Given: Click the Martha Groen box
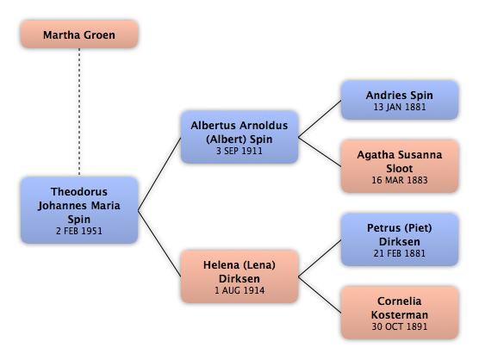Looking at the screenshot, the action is click(79, 34).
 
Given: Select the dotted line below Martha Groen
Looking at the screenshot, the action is click(79, 112).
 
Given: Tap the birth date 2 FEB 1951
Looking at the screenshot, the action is click(79, 231).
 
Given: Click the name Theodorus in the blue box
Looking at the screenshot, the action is click(79, 192).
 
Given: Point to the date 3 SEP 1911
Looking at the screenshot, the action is click(239, 151).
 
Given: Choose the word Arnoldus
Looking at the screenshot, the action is click(264, 126).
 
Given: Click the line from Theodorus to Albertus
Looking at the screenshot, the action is click(159, 174).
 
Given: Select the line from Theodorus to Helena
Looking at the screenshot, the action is click(159, 244).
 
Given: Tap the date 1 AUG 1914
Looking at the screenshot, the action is click(239, 290).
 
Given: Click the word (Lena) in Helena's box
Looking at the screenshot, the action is click(259, 265).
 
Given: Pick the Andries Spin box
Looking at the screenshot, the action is click(400, 100).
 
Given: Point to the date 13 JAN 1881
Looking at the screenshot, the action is click(400, 107).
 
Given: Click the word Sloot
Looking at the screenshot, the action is click(400, 169).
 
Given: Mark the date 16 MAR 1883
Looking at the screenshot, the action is click(400, 180).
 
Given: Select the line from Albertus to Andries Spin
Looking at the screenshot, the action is click(320, 119).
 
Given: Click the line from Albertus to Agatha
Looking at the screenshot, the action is click(320, 152).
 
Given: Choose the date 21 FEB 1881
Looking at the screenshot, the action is click(400, 253).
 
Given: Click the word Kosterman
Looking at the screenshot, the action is click(400, 315).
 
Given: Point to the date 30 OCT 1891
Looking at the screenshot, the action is click(400, 326).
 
